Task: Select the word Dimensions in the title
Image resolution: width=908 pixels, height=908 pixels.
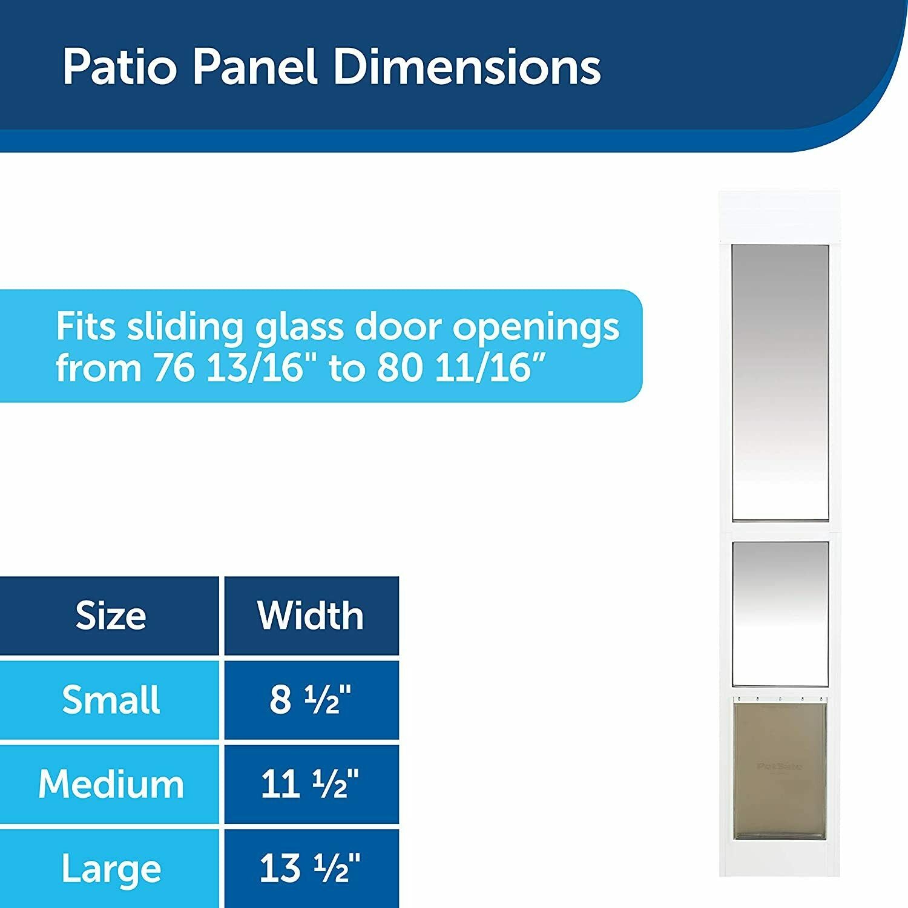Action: (466, 67)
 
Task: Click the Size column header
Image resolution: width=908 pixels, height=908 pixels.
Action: (111, 616)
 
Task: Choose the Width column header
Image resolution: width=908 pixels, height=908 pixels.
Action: (311, 616)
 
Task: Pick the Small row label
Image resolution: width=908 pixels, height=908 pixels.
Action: (111, 700)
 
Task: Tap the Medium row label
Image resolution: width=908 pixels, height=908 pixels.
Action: (111, 784)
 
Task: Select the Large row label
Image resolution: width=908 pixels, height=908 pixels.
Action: (111, 870)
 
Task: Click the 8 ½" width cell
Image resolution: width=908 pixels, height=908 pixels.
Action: (311, 700)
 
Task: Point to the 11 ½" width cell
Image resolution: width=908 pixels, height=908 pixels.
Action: (310, 784)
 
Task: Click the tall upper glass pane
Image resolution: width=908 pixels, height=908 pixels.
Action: (780, 383)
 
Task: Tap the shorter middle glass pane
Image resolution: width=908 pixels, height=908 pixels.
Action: (780, 614)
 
